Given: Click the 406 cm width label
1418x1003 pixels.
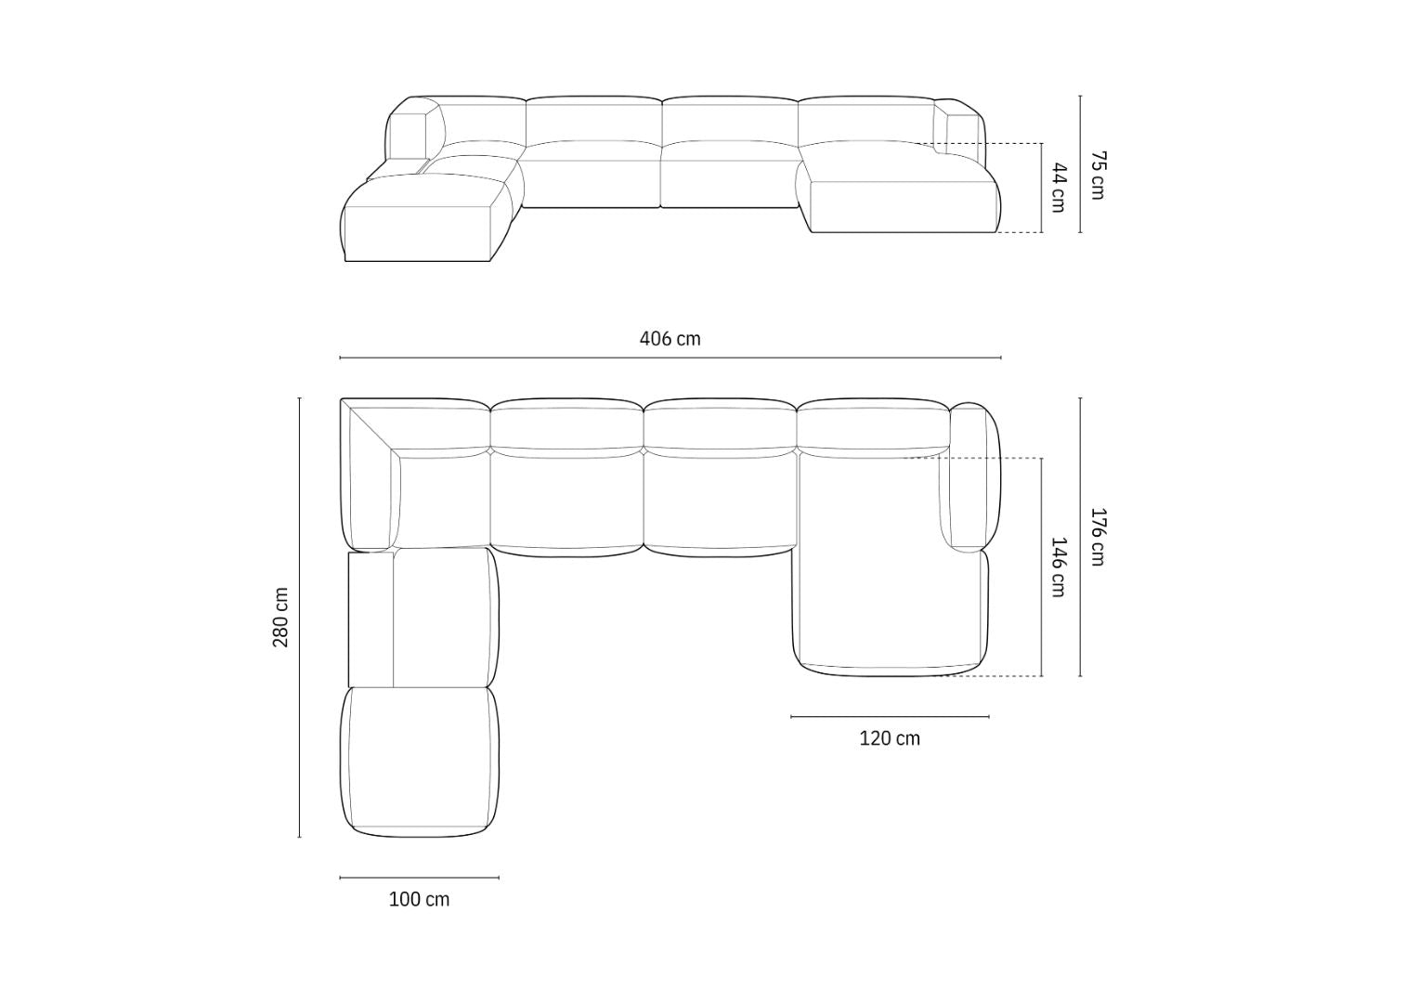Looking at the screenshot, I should tap(670, 339).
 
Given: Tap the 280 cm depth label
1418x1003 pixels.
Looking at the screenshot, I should tap(281, 618).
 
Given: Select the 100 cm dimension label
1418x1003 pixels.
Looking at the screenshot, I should tap(419, 899).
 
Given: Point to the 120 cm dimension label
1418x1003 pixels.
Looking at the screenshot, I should tap(890, 738).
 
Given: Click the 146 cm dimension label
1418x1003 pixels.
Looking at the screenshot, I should tap(1058, 567).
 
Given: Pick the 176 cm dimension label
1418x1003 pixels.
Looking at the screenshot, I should tap(1098, 537).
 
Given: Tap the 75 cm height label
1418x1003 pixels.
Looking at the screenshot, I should tap(1098, 175).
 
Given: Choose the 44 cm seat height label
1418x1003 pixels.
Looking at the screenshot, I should tap(1058, 188).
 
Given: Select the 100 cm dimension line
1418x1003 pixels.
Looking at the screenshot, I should tap(419, 877).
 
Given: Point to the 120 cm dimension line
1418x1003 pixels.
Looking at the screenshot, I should tap(890, 716).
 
